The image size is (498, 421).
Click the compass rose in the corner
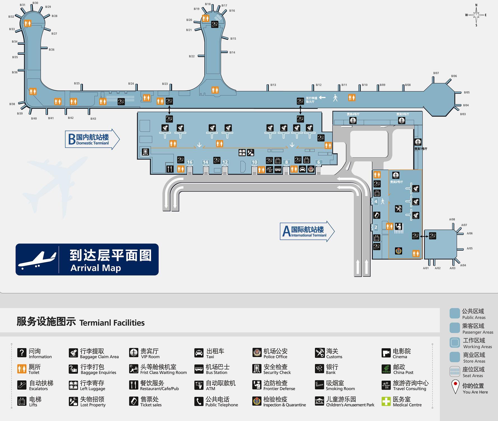(x=476, y=15)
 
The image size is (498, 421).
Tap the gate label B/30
(x=35, y=3)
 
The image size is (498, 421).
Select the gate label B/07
(x=436, y=73)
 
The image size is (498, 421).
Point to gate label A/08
(x=452, y=219)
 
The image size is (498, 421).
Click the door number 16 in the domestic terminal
(x=190, y=162)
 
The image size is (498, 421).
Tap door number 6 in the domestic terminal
(x=318, y=162)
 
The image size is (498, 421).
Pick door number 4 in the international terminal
(x=376, y=201)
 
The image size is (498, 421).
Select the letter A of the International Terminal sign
(x=286, y=231)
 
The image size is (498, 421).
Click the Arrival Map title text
(x=96, y=268)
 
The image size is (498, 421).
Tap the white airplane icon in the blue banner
(x=37, y=260)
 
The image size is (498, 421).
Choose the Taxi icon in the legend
(x=199, y=353)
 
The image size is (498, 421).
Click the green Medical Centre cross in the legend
(x=386, y=401)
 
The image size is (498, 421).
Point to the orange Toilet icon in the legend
(x=22, y=369)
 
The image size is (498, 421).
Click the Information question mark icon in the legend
(x=22, y=353)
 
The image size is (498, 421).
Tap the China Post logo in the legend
(x=386, y=369)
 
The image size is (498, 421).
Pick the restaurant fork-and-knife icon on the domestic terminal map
(x=170, y=169)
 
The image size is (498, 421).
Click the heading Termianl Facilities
(x=112, y=323)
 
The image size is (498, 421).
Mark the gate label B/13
(x=273, y=85)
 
